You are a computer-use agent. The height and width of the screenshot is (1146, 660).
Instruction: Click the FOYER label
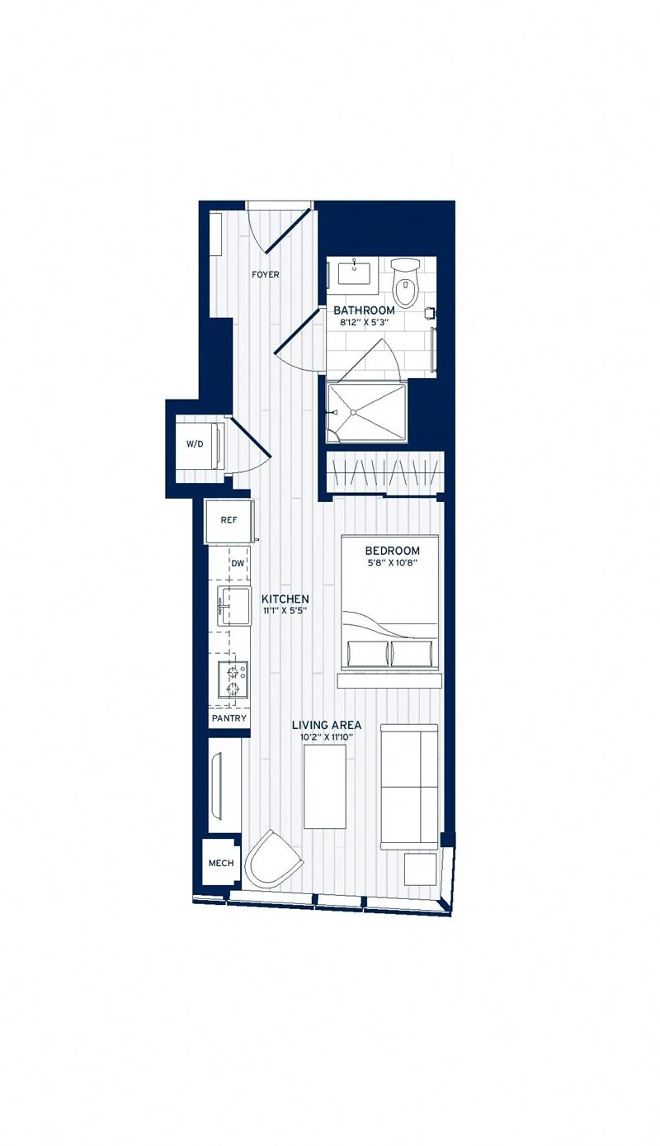(266, 275)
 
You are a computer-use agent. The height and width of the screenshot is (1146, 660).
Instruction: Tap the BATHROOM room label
(364, 310)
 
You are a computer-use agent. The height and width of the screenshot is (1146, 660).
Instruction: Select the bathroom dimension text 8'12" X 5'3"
(364, 324)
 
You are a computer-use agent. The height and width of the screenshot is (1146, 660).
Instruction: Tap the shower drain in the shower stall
(354, 410)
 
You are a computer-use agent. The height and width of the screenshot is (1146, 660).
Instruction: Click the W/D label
(195, 444)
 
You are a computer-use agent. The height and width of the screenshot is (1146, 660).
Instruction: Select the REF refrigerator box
(229, 521)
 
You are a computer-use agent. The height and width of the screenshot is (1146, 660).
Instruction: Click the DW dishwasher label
(238, 564)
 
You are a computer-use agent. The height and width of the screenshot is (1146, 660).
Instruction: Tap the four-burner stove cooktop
(233, 679)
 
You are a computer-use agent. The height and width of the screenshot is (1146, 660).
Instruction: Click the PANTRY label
(229, 718)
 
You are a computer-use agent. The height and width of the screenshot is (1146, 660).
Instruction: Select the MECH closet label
(221, 864)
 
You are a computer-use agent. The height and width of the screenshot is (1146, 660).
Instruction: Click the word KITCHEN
(285, 599)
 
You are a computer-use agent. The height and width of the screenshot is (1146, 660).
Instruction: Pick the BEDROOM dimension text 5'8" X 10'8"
(392, 563)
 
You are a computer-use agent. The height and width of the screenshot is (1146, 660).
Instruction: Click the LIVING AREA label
(327, 725)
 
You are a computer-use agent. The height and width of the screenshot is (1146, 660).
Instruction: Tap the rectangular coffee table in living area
(325, 786)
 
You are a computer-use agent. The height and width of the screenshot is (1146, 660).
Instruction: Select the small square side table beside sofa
(421, 869)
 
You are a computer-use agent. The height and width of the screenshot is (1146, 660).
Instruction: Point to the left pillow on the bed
(368, 654)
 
